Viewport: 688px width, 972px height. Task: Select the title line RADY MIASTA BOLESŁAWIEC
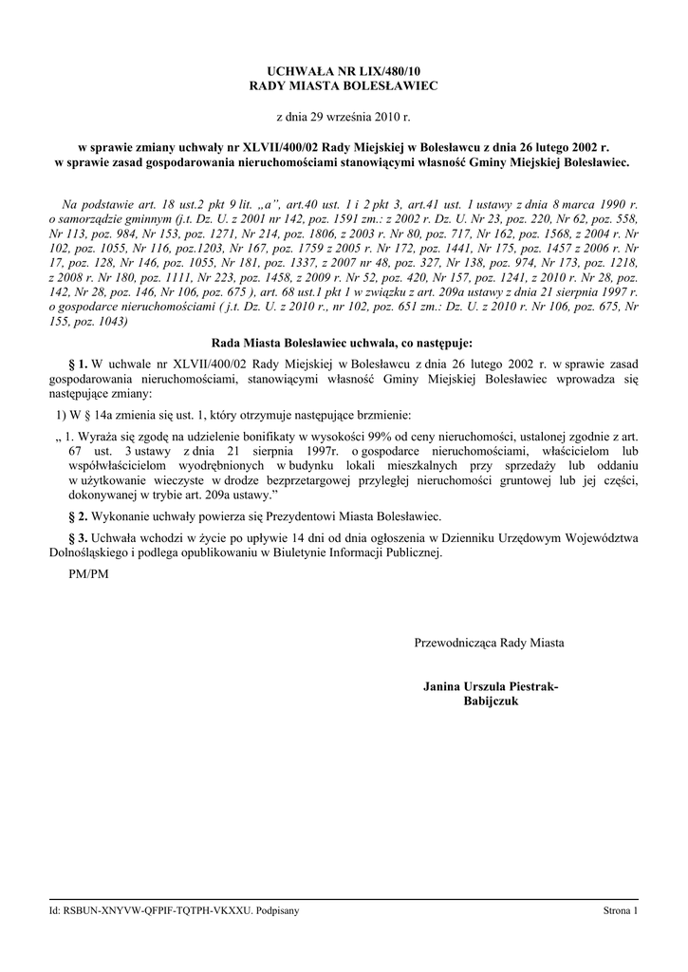(x=344, y=85)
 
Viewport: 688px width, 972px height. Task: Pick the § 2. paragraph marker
(x=79, y=517)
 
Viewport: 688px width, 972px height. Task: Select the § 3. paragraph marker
(x=79, y=538)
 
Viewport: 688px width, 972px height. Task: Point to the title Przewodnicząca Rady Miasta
(x=489, y=643)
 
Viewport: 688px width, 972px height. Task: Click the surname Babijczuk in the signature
(x=490, y=701)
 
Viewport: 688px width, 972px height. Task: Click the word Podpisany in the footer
(x=278, y=910)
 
